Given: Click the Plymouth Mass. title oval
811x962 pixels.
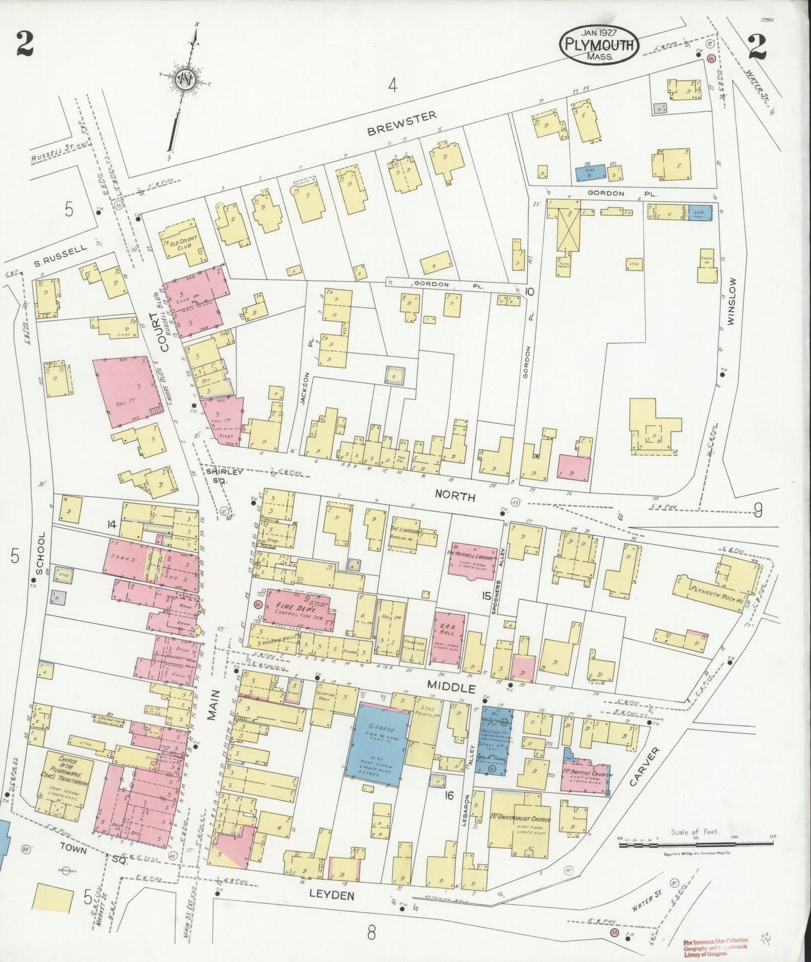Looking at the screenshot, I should pyautogui.click(x=598, y=43).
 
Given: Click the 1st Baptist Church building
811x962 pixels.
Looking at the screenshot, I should pyautogui.click(x=587, y=775).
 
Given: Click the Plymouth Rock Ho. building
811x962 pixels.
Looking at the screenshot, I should pyautogui.click(x=713, y=589).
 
